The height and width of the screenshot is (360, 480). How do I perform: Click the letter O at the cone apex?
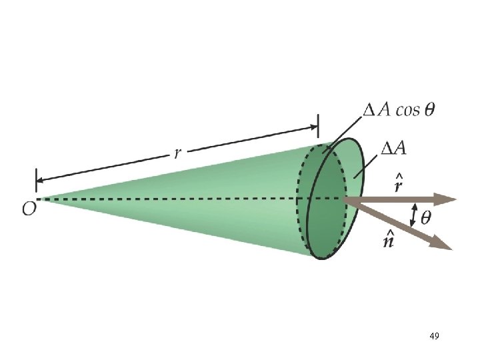(29, 209)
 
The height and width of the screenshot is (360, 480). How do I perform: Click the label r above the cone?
(177, 153)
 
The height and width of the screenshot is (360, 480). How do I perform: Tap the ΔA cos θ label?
(397, 110)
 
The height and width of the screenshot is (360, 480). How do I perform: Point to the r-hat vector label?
(397, 184)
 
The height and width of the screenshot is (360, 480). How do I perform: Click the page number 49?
(434, 337)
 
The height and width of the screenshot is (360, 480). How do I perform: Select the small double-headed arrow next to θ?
(414, 215)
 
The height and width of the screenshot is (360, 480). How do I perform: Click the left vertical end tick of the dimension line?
(36, 180)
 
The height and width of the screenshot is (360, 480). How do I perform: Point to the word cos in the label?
(408, 111)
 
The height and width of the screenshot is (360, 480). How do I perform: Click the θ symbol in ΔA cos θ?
(429, 110)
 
